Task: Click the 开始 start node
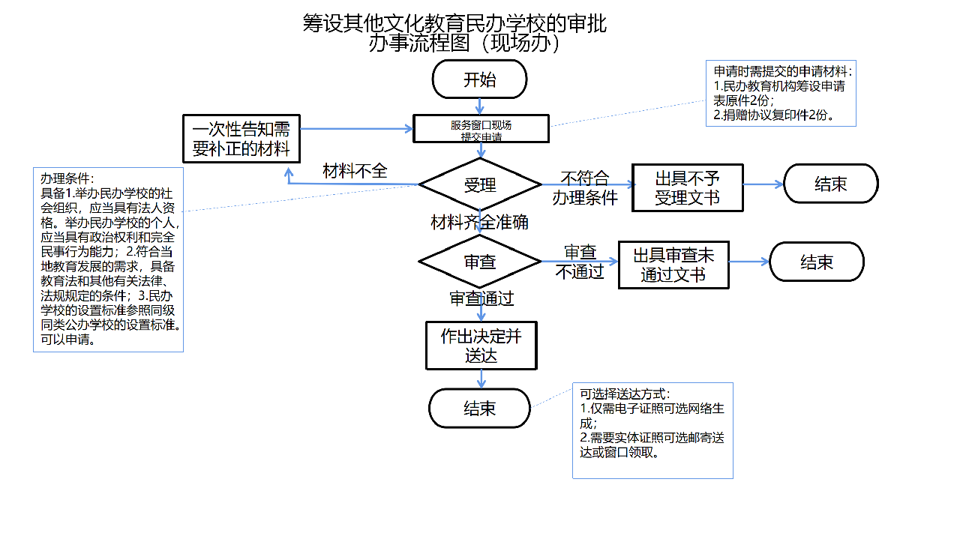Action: pyautogui.click(x=480, y=79)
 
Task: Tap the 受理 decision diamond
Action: pyautogui.click(x=480, y=184)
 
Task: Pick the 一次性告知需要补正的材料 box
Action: pyautogui.click(x=241, y=138)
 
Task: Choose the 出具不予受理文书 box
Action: pyautogui.click(x=687, y=187)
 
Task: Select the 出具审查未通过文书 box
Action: pyautogui.click(x=673, y=265)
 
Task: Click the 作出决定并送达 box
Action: pyautogui.click(x=481, y=345)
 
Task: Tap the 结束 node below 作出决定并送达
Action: pyautogui.click(x=480, y=408)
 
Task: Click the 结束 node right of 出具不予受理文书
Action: pyautogui.click(x=830, y=184)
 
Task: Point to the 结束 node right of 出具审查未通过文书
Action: pyautogui.click(x=817, y=262)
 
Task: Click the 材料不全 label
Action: pyautogui.click(x=355, y=171)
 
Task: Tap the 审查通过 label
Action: pyautogui.click(x=481, y=298)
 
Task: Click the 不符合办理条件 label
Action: pyautogui.click(x=585, y=187)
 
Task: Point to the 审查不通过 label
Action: pyautogui.click(x=580, y=262)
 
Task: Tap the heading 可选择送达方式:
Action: pyautogui.click(x=625, y=394)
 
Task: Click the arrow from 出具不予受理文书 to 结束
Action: pyautogui.click(x=763, y=184)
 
